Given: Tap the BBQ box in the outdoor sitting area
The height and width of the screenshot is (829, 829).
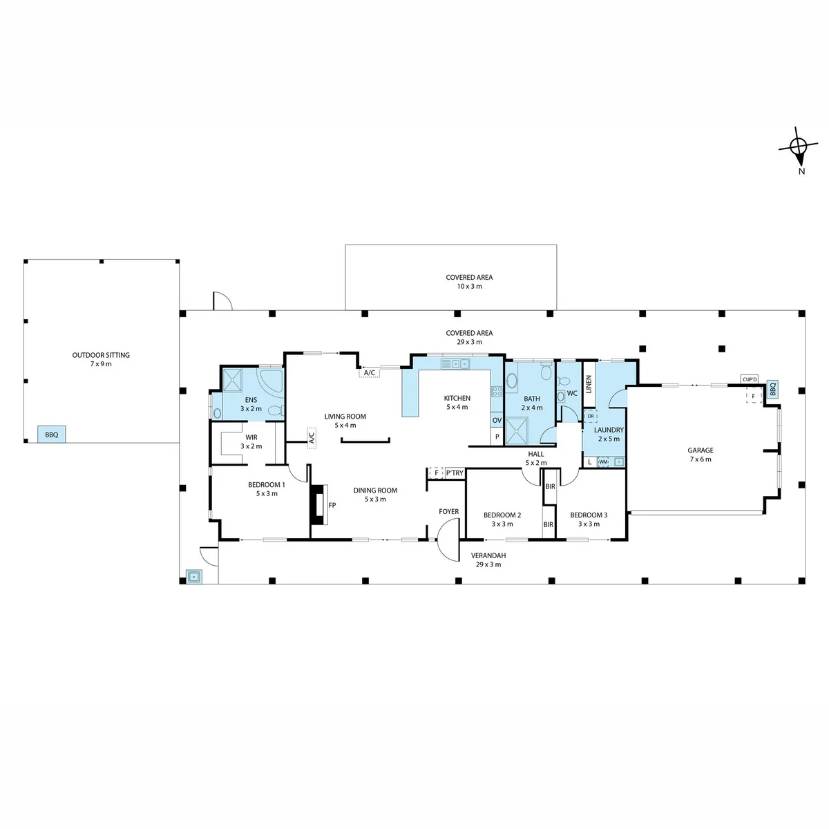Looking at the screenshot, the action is [x=52, y=435].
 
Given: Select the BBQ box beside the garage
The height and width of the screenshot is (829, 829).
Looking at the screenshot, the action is [x=772, y=389].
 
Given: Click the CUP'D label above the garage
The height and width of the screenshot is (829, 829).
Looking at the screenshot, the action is [x=750, y=379].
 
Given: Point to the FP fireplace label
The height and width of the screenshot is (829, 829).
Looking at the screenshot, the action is [x=332, y=505].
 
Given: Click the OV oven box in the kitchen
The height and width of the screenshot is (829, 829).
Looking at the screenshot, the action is [x=497, y=420].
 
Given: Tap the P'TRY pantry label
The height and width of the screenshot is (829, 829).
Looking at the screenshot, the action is [x=455, y=473].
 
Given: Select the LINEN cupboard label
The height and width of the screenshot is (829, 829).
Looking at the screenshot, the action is [x=589, y=384].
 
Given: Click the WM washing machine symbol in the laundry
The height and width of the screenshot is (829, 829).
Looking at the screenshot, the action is [x=604, y=461].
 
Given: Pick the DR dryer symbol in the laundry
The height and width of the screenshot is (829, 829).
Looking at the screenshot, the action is [x=590, y=416].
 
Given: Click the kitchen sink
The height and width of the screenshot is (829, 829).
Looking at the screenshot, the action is [x=455, y=364].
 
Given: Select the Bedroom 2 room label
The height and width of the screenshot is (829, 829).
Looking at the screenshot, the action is [x=502, y=520].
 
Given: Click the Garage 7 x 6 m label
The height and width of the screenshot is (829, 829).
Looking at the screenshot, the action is [x=701, y=455].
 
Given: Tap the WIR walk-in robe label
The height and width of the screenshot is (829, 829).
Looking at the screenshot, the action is [x=251, y=441].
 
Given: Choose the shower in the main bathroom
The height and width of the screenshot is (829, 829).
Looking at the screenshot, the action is [x=515, y=430].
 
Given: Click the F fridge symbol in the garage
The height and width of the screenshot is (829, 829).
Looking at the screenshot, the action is [x=753, y=396].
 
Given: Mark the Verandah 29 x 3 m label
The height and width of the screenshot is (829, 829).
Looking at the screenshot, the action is [x=488, y=560].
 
